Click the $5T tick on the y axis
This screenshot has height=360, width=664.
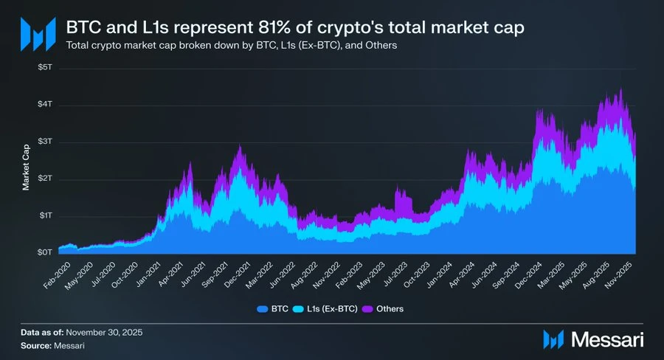pos(46,68)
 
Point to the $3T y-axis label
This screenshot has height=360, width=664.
pos(46,142)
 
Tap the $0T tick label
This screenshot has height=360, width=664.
pos(46,252)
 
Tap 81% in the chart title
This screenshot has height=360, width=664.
pos(258,29)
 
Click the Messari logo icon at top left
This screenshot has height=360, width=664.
pos(38,32)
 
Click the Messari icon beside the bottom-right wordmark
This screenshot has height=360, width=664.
pos(554,339)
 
